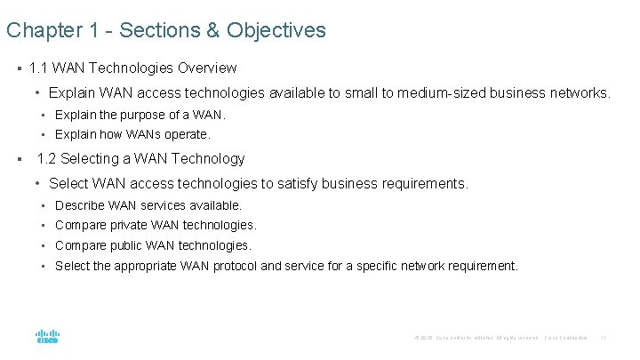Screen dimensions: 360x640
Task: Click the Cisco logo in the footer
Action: point(47,336)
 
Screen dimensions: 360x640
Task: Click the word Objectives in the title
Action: point(276,31)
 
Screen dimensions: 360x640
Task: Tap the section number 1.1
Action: point(38,68)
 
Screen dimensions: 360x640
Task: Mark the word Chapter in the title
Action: point(39,31)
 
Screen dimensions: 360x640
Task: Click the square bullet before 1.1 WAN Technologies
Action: point(18,68)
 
